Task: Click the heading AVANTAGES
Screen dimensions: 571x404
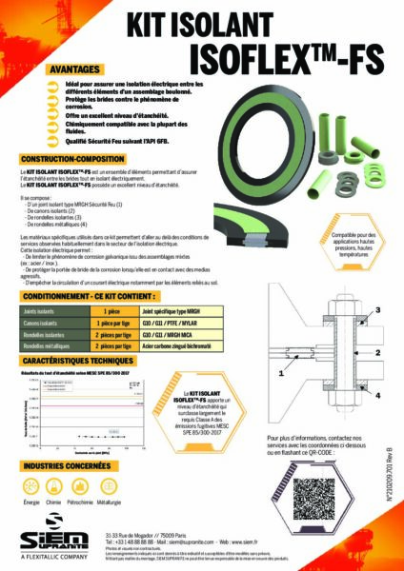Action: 78,69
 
